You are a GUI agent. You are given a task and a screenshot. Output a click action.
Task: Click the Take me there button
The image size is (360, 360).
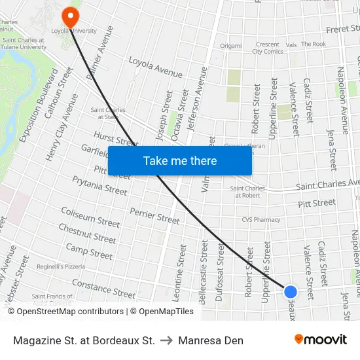click(180, 160)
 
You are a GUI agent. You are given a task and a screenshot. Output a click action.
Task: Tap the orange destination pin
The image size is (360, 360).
click(69, 16)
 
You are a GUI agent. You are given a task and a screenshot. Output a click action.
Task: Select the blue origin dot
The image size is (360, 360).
click(291, 292)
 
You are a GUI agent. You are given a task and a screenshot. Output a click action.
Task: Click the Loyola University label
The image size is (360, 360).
click(73, 30)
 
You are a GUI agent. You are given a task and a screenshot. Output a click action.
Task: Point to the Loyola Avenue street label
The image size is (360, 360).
click(155, 67)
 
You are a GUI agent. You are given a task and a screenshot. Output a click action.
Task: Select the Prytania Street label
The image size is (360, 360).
click(99, 185)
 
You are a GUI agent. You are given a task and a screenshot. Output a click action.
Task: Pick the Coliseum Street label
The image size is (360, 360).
click(90, 217)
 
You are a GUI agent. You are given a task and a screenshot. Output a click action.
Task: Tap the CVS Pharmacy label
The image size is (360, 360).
click(261, 220)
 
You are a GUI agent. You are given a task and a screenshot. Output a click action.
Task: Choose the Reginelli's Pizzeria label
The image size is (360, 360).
click(61, 266)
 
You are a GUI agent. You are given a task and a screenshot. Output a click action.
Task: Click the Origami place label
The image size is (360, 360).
click(230, 46)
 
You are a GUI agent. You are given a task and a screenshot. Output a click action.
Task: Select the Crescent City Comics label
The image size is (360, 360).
click(267, 48)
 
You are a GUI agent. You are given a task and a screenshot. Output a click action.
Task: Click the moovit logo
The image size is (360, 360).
click(320, 340)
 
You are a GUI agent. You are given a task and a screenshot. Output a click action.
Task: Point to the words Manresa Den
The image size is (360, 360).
click(211, 340)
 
